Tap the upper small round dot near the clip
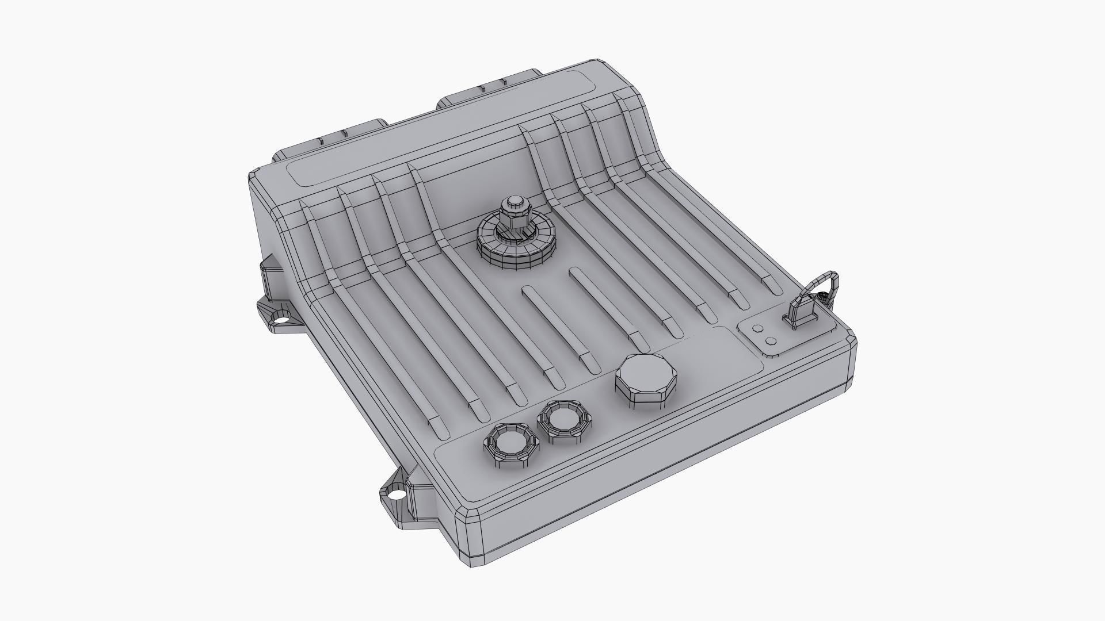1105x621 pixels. tap(757, 329)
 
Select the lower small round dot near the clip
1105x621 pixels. tap(771, 342)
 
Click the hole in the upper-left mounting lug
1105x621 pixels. tap(282, 315)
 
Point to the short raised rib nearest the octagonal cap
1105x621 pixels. tap(610, 308)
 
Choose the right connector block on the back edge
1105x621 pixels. tap(489, 89)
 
